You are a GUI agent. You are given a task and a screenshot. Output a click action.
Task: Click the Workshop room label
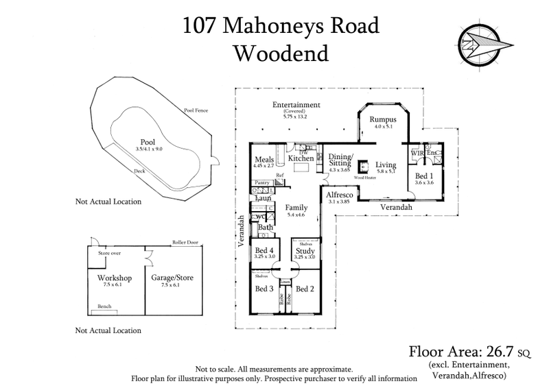point(105,278)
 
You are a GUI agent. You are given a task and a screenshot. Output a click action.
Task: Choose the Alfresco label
point(339,195)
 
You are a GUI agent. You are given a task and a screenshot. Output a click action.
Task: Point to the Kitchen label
point(301,158)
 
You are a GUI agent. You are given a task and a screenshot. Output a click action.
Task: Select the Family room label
point(296,207)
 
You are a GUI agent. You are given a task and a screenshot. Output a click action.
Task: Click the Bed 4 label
point(264,251)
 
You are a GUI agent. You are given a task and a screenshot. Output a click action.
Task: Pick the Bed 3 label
point(264,289)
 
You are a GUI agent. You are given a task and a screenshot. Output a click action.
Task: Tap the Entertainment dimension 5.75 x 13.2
point(296,116)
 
